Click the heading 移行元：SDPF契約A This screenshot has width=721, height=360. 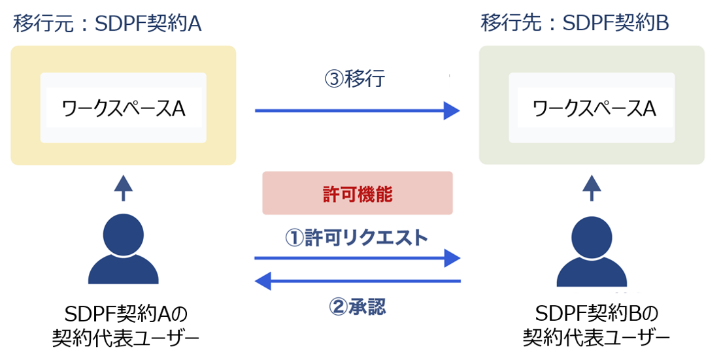tap(107, 24)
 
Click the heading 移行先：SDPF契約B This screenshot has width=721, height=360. tap(575, 24)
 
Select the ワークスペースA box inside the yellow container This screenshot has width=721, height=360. tap(124, 108)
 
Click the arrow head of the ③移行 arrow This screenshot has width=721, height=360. tap(452, 111)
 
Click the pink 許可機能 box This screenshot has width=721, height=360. tap(358, 193)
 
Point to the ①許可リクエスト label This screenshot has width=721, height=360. tap(356, 237)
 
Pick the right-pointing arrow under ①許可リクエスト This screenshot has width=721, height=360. tap(357, 258)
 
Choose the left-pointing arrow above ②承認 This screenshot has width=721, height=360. tap(357, 282)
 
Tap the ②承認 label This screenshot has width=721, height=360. tap(357, 307)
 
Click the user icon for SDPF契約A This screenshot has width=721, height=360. tap(124, 248)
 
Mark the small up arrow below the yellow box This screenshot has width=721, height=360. tap(124, 187)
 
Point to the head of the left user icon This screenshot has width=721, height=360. tap(124, 230)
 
